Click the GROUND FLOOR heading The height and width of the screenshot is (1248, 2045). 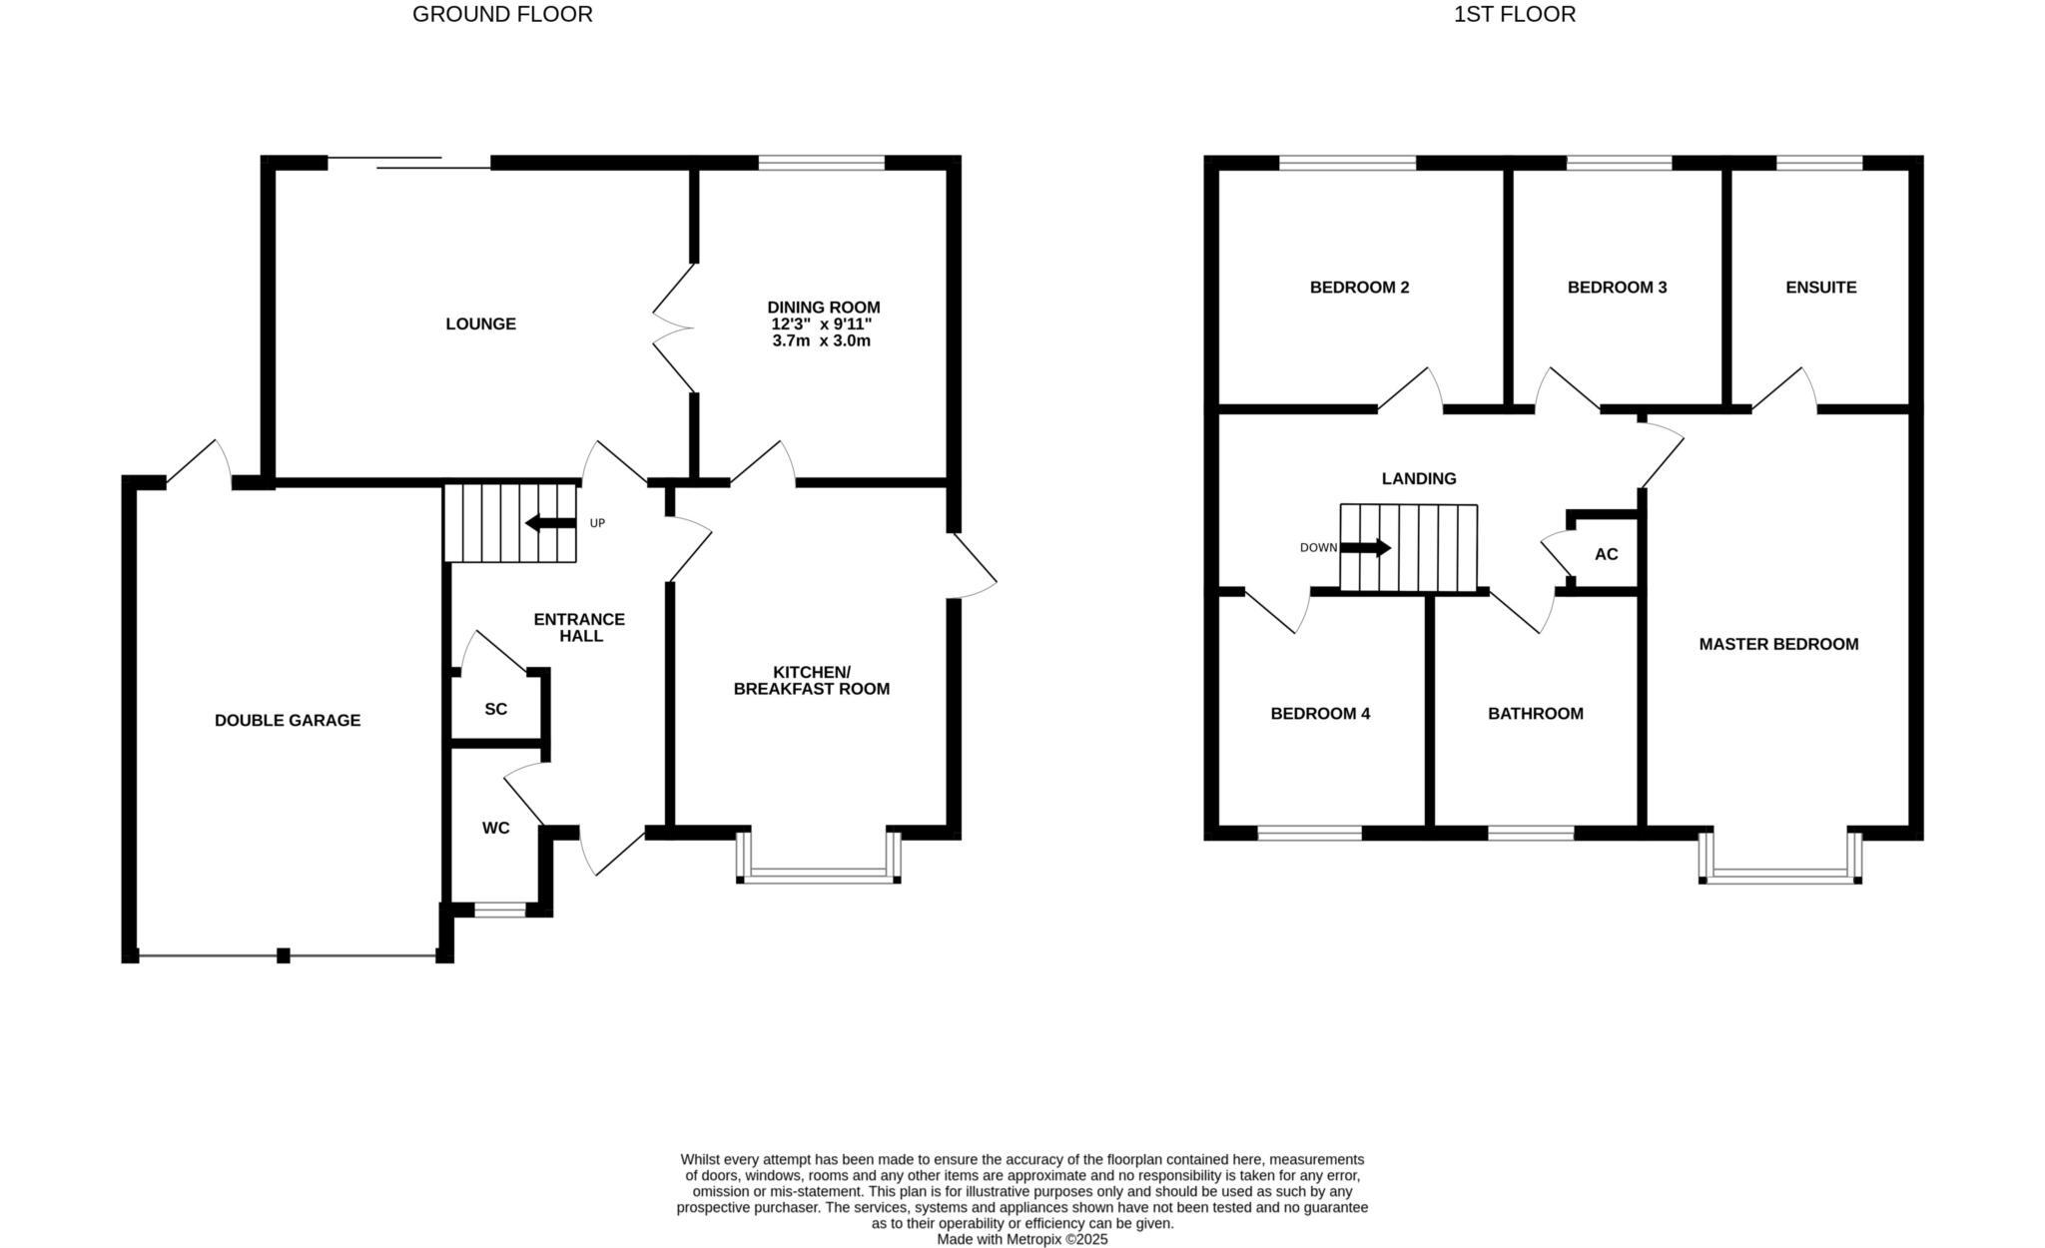pos(502,14)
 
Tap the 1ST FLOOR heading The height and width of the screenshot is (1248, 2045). pos(1514,14)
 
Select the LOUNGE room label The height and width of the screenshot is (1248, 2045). pos(480,323)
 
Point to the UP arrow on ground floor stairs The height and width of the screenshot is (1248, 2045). pos(550,523)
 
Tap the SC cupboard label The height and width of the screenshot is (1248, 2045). pos(495,709)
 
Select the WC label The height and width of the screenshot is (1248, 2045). pos(495,828)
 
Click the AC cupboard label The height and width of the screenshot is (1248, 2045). pos(1606,554)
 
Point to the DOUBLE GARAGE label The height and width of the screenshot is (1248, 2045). pos(288,720)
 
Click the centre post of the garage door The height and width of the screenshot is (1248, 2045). pos(284,955)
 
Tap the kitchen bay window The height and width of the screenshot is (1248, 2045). pos(819,876)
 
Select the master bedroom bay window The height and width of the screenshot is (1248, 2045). pos(1780,876)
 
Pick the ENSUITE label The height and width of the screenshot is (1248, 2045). pos(1820,288)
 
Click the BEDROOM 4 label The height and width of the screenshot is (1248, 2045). pos(1320,713)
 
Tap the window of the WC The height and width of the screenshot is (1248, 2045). pos(499,909)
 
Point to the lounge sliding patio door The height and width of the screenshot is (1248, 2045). pos(409,163)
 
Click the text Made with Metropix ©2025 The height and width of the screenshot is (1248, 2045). pos(1022,1239)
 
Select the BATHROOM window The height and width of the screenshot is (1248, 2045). pos(1531,833)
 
